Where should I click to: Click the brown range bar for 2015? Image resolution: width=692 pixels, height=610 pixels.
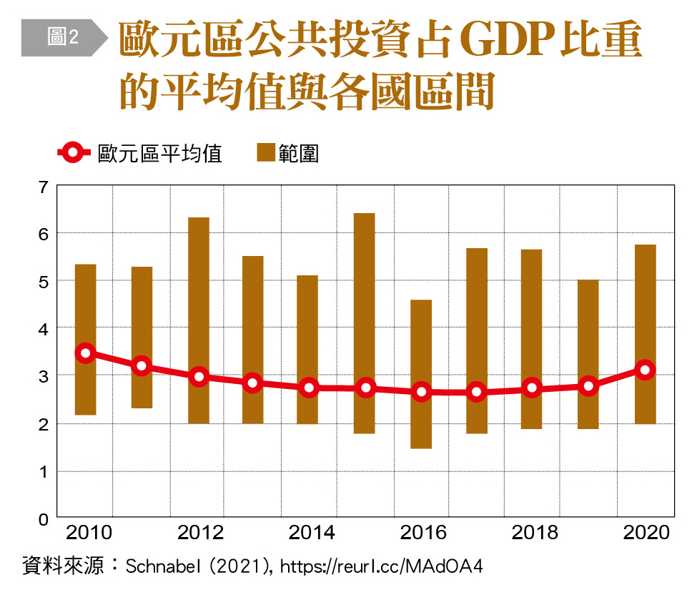[365, 286]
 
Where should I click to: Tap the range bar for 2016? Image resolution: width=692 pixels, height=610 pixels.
[421, 343]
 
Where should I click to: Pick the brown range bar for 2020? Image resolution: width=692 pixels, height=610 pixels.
[646, 300]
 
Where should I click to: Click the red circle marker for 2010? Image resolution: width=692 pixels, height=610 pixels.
[86, 353]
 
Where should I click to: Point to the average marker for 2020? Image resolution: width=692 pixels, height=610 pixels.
[646, 370]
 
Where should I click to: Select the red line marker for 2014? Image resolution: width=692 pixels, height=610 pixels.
[309, 388]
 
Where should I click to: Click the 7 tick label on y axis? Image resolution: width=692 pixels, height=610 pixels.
[43, 187]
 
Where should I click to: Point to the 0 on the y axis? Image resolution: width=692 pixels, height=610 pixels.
[43, 518]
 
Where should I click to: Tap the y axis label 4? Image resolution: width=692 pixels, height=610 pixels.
[43, 328]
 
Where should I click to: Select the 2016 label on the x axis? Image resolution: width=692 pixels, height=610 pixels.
[422, 533]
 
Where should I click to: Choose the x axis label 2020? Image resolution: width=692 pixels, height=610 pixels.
[646, 533]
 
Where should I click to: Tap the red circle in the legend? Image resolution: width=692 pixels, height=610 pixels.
[72, 152]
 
